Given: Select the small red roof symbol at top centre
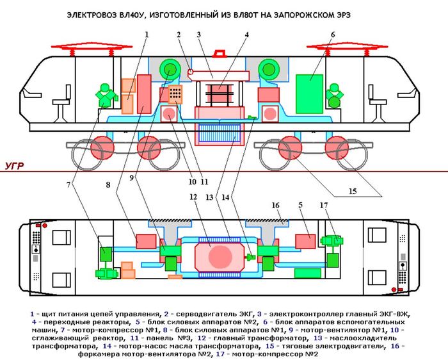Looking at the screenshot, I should click(x=220, y=56).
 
